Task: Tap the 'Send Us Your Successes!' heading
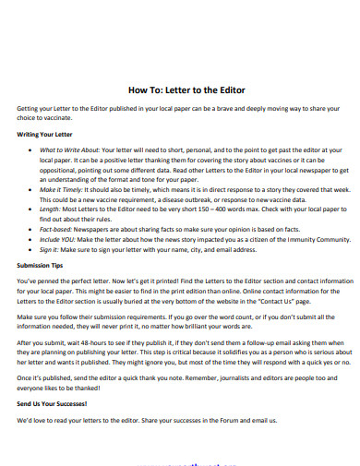(x=54, y=405)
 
